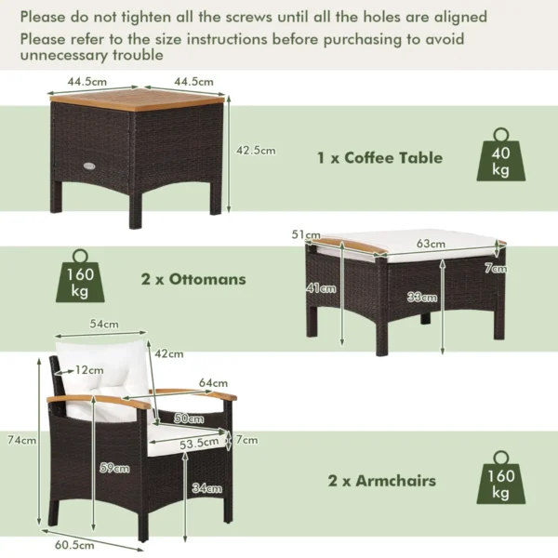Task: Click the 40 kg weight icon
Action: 499,155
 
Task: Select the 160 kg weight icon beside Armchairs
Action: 499,480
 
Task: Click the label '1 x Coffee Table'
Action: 379,157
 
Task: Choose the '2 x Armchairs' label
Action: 381,481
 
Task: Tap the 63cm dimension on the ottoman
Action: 431,245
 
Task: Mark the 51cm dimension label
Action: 306,235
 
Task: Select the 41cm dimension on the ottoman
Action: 321,288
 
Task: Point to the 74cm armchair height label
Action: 22,440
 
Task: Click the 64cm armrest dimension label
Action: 213,382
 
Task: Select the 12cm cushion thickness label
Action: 90,370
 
